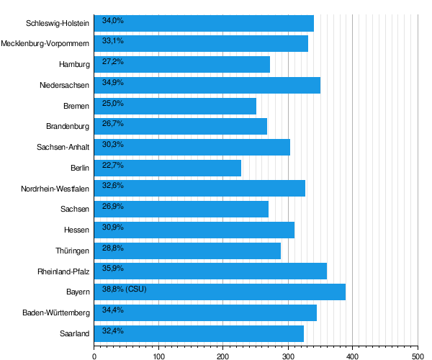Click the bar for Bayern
point(220,292)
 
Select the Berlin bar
point(168,168)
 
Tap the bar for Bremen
point(175,106)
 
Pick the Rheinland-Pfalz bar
point(210,271)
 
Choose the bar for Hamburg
point(182,65)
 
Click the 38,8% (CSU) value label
point(125,289)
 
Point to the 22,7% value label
point(113,166)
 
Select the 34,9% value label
point(113,82)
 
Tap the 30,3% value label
point(113,144)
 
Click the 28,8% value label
point(113,248)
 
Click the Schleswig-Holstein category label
point(58,23)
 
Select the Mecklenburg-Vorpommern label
point(45,43)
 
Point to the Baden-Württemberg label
point(56,312)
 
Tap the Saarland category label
point(75,333)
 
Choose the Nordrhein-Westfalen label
point(55,189)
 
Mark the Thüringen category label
point(72,251)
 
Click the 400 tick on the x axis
point(352,356)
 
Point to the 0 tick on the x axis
point(94,356)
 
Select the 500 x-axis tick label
point(418,356)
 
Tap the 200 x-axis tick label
point(223,356)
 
